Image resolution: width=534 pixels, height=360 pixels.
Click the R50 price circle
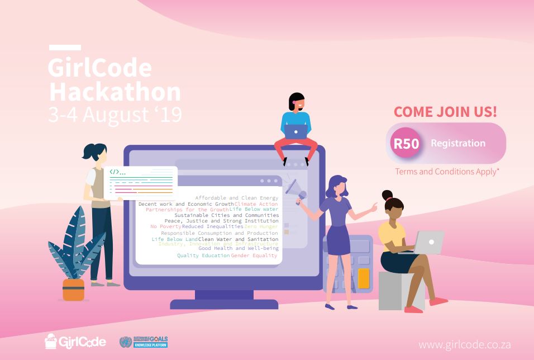tap(406, 143)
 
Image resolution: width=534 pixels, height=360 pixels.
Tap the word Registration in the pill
tap(458, 143)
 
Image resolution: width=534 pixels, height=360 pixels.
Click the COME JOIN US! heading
tap(445, 111)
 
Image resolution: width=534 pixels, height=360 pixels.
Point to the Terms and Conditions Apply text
tap(447, 172)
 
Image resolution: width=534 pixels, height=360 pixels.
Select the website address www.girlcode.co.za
tap(464, 344)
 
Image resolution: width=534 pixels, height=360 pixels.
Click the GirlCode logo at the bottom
tap(75, 341)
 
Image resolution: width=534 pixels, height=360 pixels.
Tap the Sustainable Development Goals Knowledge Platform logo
tap(144, 342)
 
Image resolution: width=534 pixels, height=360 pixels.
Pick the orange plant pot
tap(73, 290)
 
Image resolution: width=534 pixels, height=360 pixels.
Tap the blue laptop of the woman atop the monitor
tap(296, 131)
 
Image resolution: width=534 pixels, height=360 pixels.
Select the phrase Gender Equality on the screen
tap(254, 255)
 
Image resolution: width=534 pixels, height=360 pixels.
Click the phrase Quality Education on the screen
tap(203, 255)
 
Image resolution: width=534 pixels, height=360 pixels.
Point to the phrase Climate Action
tap(256, 204)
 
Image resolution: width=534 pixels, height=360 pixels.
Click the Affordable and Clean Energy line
tap(236, 198)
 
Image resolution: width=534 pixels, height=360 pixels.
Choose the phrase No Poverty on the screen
tap(165, 226)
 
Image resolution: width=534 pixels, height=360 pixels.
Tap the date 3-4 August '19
tap(115, 115)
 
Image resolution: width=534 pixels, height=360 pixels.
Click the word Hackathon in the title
tap(115, 92)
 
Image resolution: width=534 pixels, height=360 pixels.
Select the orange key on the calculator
tap(364, 278)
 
